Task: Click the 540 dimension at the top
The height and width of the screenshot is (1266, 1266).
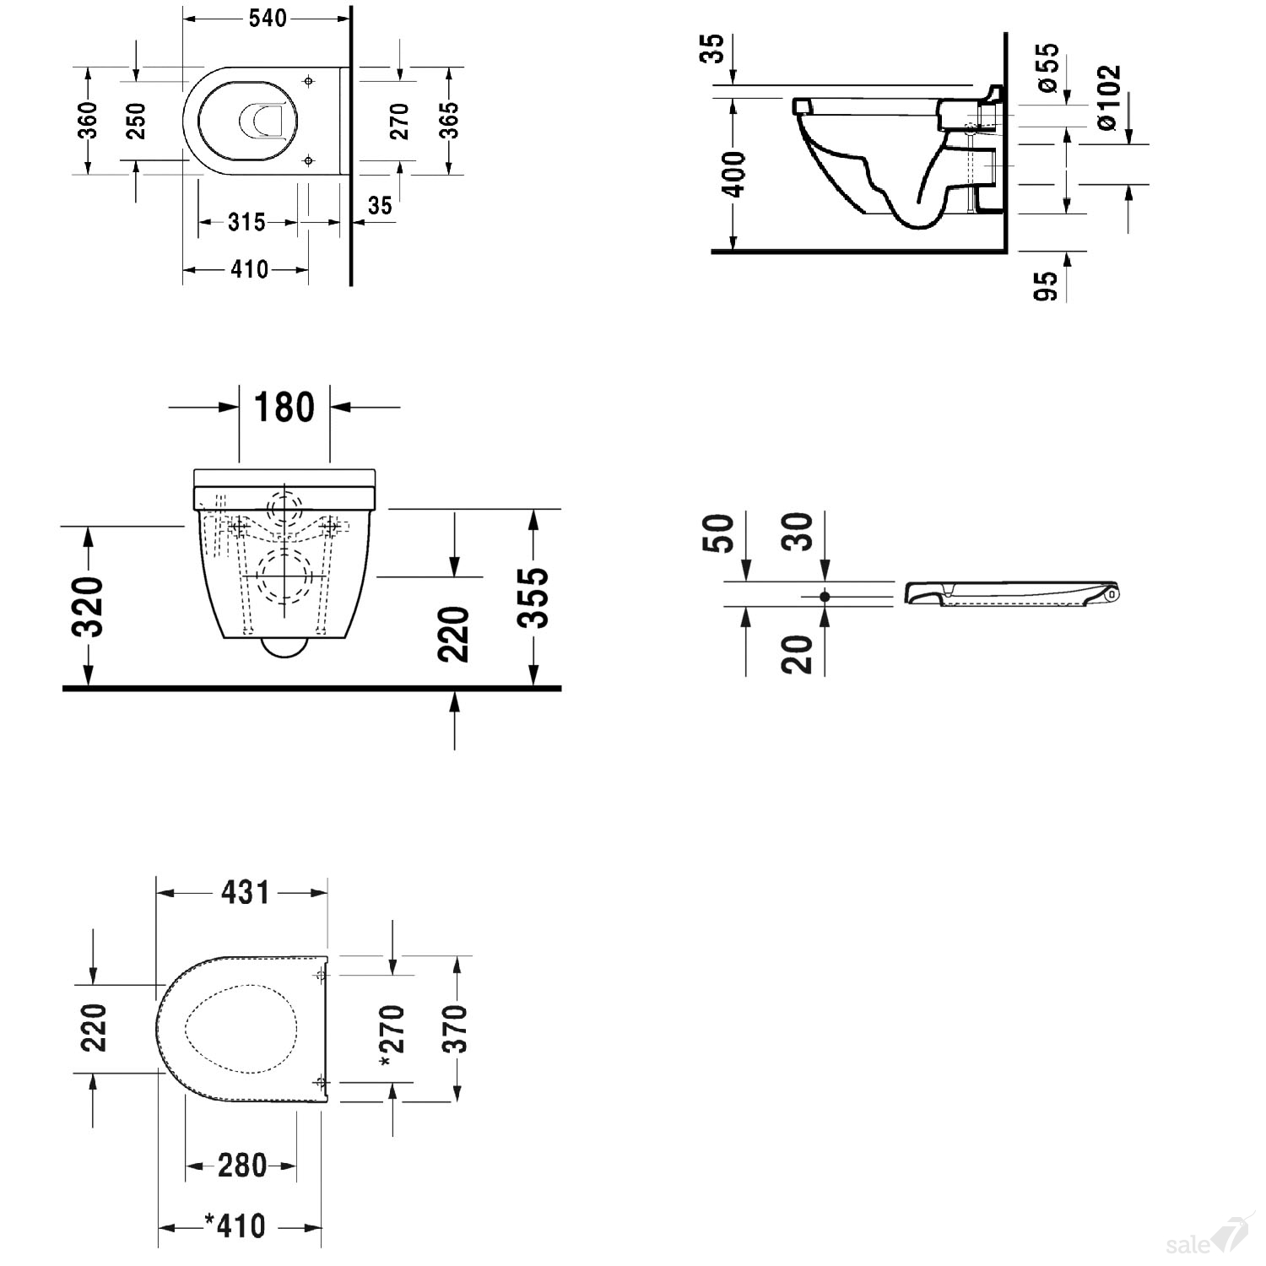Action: pos(268,18)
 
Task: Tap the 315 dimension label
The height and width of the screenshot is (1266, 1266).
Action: pos(246,223)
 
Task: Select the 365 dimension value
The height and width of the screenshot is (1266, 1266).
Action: pos(449,120)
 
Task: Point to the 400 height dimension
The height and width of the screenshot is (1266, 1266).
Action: pos(736,175)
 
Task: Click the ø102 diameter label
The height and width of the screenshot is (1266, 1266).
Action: pos(1108,98)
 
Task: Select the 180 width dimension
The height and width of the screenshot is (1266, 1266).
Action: pos(284,407)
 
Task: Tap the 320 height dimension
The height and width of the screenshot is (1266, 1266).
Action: pos(88,607)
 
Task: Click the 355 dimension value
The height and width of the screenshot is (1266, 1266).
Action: pos(533,598)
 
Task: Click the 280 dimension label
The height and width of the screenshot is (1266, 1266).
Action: pos(242,1166)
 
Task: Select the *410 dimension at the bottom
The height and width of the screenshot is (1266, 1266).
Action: pos(235,1225)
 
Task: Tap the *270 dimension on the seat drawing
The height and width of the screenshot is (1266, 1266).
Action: pos(393,1036)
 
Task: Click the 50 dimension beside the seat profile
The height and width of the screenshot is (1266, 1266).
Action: pos(719,533)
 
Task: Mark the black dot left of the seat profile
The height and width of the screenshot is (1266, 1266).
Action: pos(825,597)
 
